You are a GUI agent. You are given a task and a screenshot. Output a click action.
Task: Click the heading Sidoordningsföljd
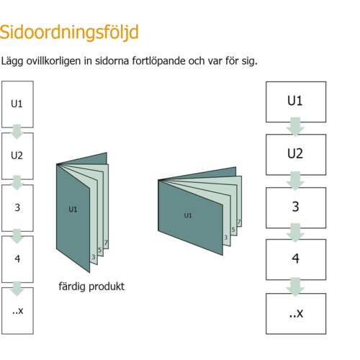point(69,32)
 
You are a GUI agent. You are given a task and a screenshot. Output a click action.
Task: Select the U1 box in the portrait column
point(17,104)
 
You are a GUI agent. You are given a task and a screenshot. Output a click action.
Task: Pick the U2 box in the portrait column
point(17,156)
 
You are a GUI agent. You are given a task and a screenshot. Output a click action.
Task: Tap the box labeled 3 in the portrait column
point(17,208)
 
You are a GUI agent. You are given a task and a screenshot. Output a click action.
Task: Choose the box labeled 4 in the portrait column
point(17,259)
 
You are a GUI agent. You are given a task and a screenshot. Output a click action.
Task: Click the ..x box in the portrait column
point(17,311)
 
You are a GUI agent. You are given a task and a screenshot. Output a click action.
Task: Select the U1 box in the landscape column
point(296,102)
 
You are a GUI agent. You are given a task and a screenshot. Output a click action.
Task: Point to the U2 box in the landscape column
point(296,155)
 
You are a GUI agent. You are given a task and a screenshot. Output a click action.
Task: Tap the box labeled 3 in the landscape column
point(296,208)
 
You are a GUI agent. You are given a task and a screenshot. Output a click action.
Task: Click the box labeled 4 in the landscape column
point(296,259)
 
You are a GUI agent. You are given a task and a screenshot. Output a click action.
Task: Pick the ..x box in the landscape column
point(296,314)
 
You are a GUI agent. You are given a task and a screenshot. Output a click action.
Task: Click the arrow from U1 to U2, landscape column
point(295,127)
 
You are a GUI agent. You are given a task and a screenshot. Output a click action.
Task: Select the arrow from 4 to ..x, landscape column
point(295,287)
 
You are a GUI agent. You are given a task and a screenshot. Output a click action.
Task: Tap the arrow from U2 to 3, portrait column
point(17,183)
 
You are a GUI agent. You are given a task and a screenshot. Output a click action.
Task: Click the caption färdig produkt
point(91,287)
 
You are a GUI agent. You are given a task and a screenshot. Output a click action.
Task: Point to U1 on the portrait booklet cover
point(73,210)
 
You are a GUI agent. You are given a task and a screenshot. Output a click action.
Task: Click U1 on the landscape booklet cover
point(188,215)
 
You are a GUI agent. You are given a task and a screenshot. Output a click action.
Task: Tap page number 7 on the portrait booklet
point(106,243)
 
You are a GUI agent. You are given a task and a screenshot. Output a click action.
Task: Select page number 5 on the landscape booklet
point(233,230)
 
